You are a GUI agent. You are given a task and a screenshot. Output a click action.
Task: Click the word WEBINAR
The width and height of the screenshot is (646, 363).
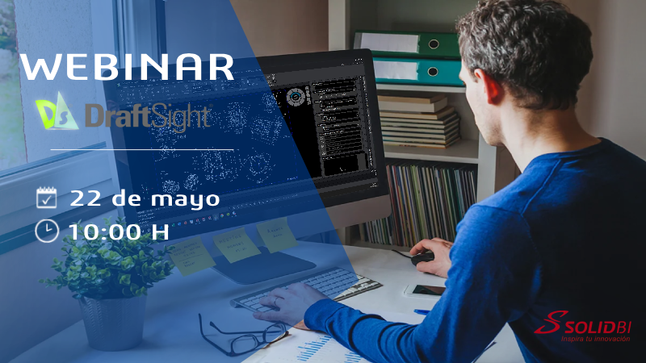[x=127, y=67]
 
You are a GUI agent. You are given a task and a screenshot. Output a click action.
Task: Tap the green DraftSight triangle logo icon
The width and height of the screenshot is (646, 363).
[x=57, y=111]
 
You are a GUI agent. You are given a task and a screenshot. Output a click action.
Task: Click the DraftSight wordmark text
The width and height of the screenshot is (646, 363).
[x=149, y=116]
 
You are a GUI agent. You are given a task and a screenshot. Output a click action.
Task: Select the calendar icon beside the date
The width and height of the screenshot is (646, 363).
[x=46, y=198]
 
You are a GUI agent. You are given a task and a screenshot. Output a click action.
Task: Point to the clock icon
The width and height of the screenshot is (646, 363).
[x=47, y=231]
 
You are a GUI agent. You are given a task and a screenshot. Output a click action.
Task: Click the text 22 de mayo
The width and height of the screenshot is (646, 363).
[x=145, y=198]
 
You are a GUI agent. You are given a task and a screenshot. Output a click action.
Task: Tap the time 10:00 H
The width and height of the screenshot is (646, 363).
[x=119, y=232]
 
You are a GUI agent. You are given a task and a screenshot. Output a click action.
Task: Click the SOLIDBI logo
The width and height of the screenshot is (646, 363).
[x=582, y=323]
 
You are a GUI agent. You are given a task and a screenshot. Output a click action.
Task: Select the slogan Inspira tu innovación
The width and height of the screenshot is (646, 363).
[x=595, y=339]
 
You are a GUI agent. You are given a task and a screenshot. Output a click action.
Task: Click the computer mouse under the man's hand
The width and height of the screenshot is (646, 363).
[x=422, y=258]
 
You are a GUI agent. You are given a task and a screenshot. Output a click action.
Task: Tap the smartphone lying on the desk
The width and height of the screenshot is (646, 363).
[x=425, y=291]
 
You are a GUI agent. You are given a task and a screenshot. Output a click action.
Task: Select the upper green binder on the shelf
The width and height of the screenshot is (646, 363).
[x=407, y=44]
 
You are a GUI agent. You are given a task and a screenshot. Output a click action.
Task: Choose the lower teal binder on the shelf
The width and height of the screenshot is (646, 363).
[x=417, y=72]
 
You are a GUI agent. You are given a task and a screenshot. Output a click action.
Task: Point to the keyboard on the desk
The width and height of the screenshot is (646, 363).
[x=306, y=289]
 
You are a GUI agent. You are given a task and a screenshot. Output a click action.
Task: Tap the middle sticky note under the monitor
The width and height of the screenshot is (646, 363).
[x=236, y=245]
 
